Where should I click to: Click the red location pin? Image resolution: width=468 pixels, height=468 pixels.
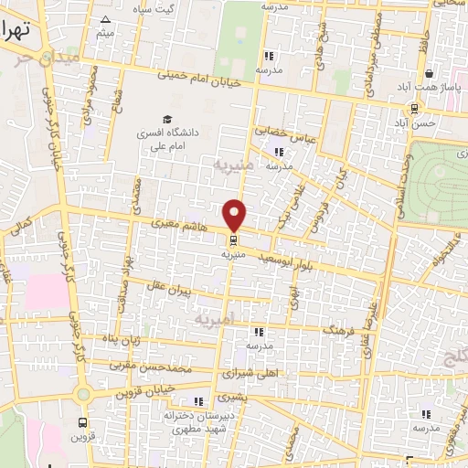click(235, 215)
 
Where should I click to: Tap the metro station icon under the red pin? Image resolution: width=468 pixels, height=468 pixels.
click(235, 241)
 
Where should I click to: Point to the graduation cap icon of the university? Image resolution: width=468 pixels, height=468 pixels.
click(166, 120)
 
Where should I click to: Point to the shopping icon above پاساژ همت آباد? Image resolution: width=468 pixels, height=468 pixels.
click(428, 73)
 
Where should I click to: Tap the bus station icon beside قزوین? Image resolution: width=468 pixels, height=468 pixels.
click(83, 423)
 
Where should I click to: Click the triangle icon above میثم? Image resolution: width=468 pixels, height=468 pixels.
click(106, 19)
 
